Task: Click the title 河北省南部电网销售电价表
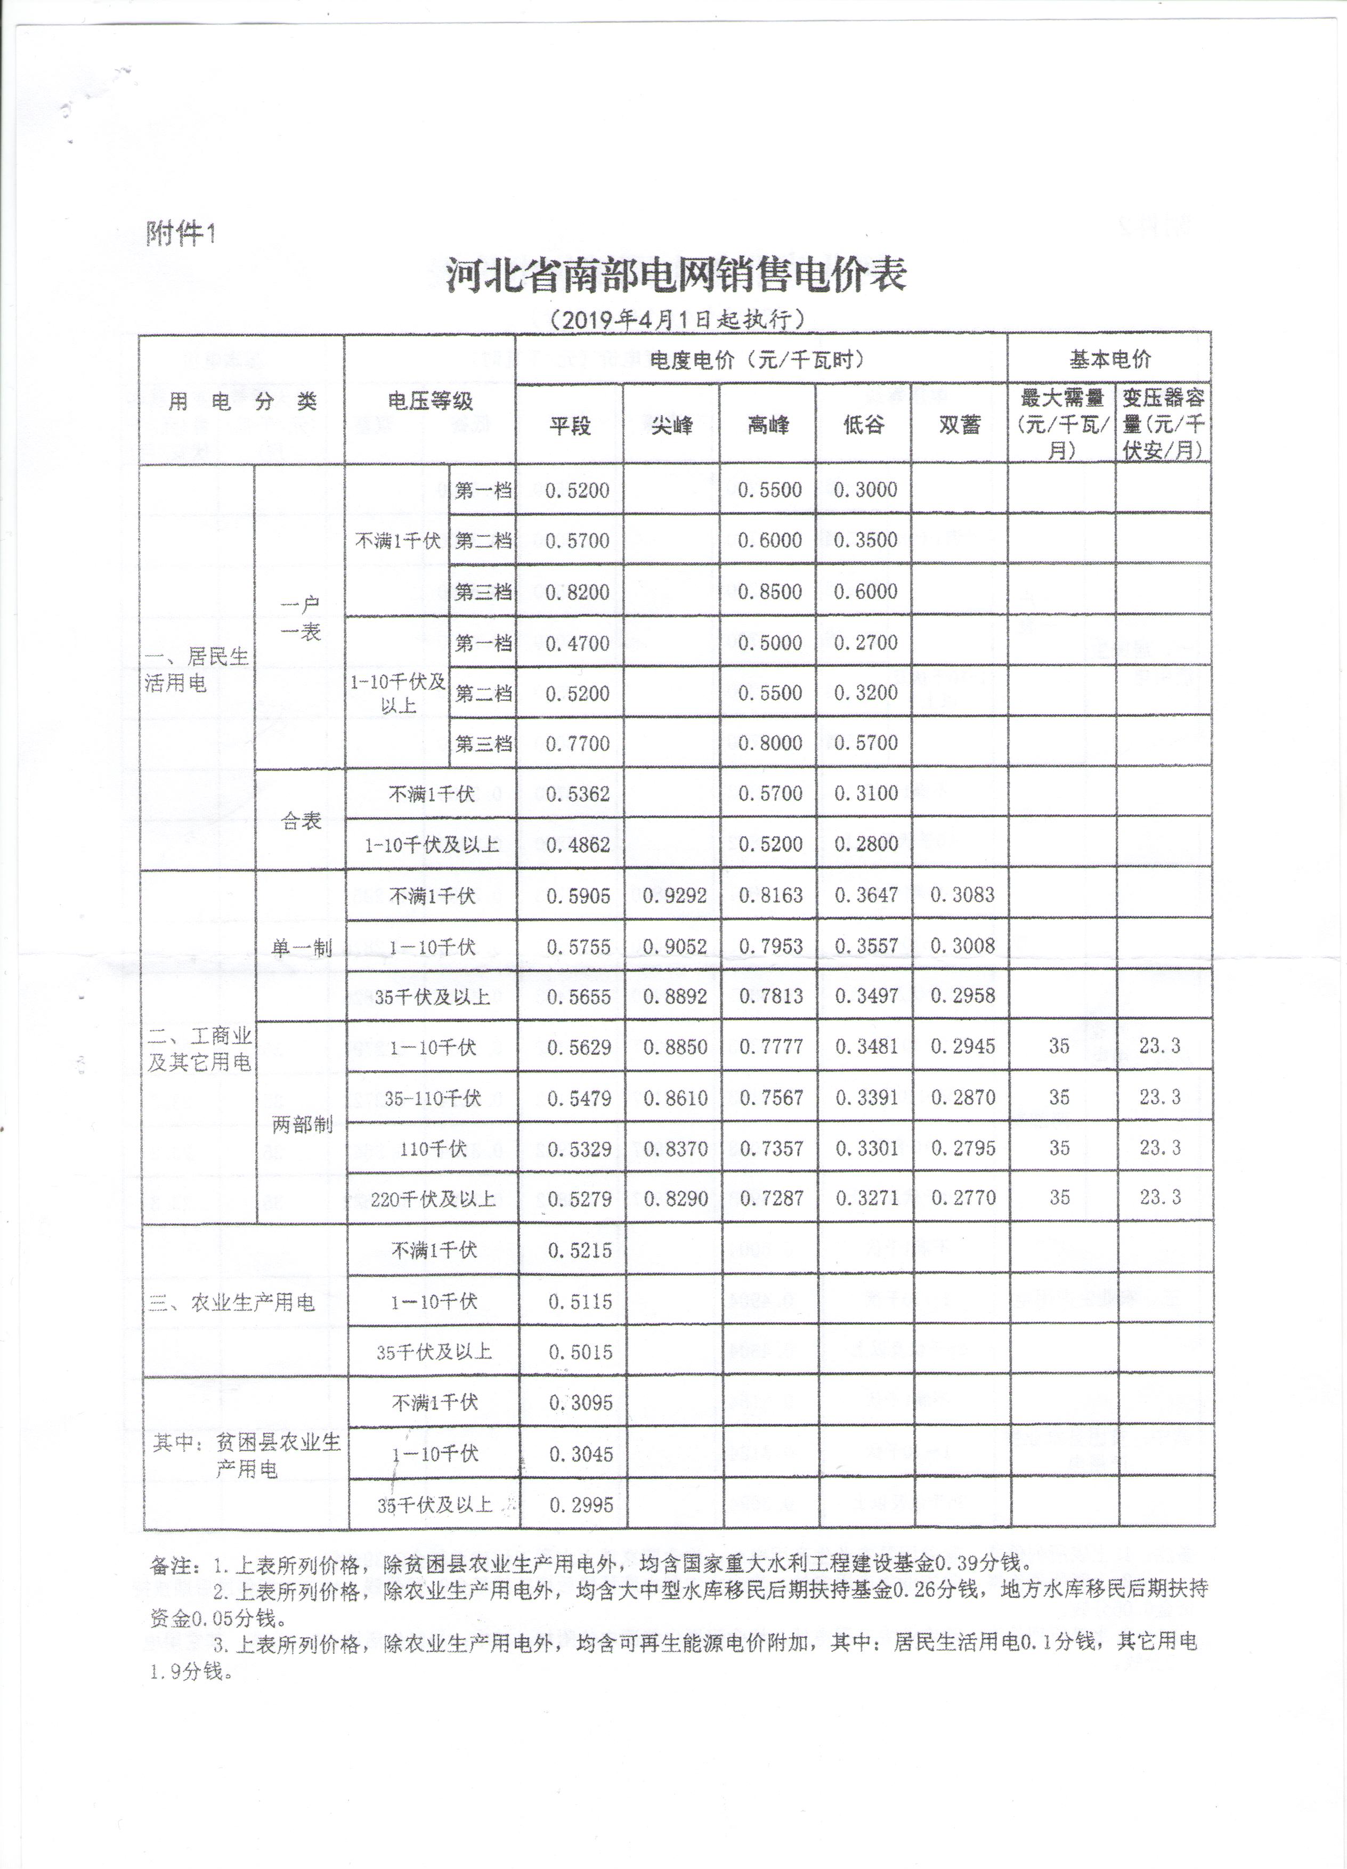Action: [676, 274]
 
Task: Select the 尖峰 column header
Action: [671, 425]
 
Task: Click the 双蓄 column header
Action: [959, 425]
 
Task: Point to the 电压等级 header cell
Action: [430, 401]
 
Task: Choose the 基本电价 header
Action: [1110, 359]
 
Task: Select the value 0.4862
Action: [578, 845]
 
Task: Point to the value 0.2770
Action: [963, 1198]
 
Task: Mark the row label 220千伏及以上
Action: [433, 1199]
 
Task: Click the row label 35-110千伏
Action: [433, 1098]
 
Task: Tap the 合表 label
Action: [301, 821]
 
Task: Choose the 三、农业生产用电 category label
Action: [231, 1302]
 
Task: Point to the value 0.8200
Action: [578, 592]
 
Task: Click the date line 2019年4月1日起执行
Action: [676, 319]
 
